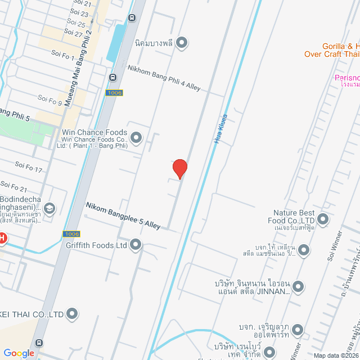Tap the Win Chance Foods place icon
136,137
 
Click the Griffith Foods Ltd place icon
136,245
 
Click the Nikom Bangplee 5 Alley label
123,216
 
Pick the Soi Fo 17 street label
29,167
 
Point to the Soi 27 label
74,33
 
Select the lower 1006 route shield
71,233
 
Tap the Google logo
19,353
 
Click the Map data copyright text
335,355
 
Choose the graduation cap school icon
49,209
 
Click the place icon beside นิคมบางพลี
182,42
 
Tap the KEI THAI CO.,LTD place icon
72,313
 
